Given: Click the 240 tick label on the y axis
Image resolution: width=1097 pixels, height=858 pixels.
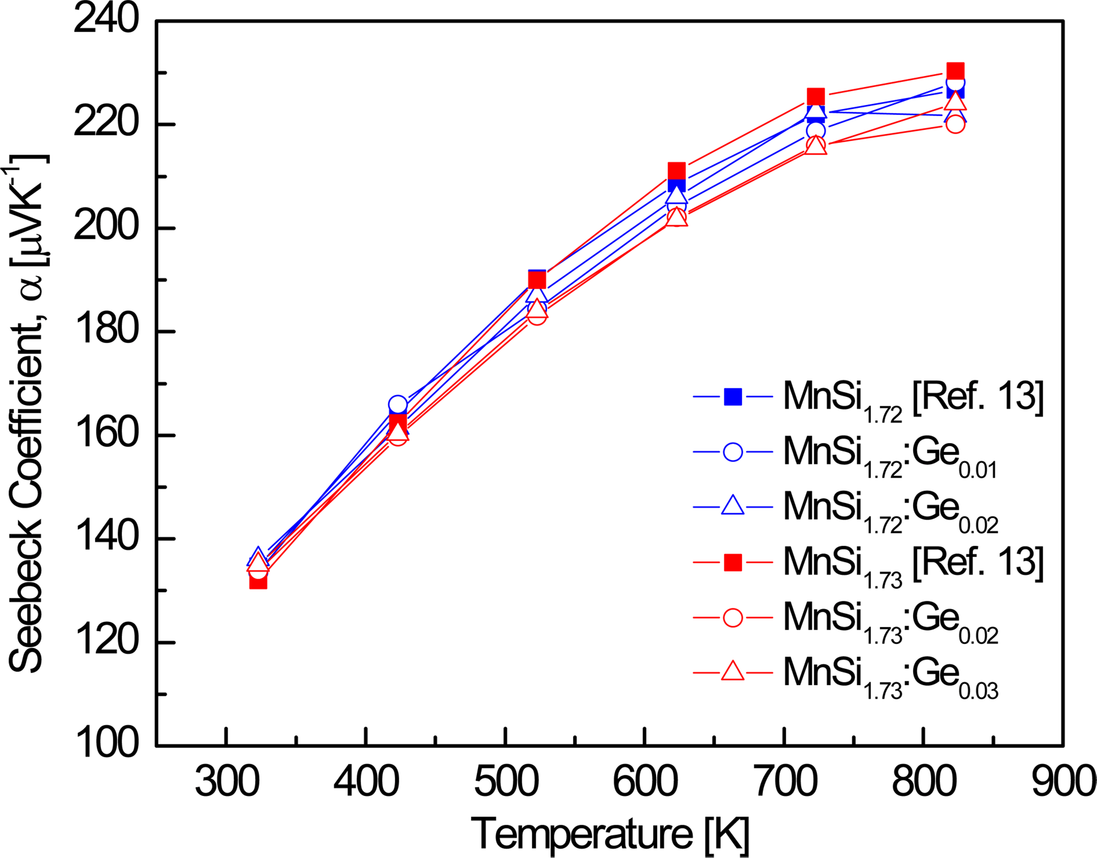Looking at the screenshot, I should coord(106,21).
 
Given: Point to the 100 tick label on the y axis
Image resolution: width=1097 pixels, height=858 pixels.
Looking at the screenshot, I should coord(106,745).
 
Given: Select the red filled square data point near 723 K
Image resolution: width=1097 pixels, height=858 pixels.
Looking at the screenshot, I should coord(815,96).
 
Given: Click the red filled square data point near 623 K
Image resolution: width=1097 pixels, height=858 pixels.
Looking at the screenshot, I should coord(676,171).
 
